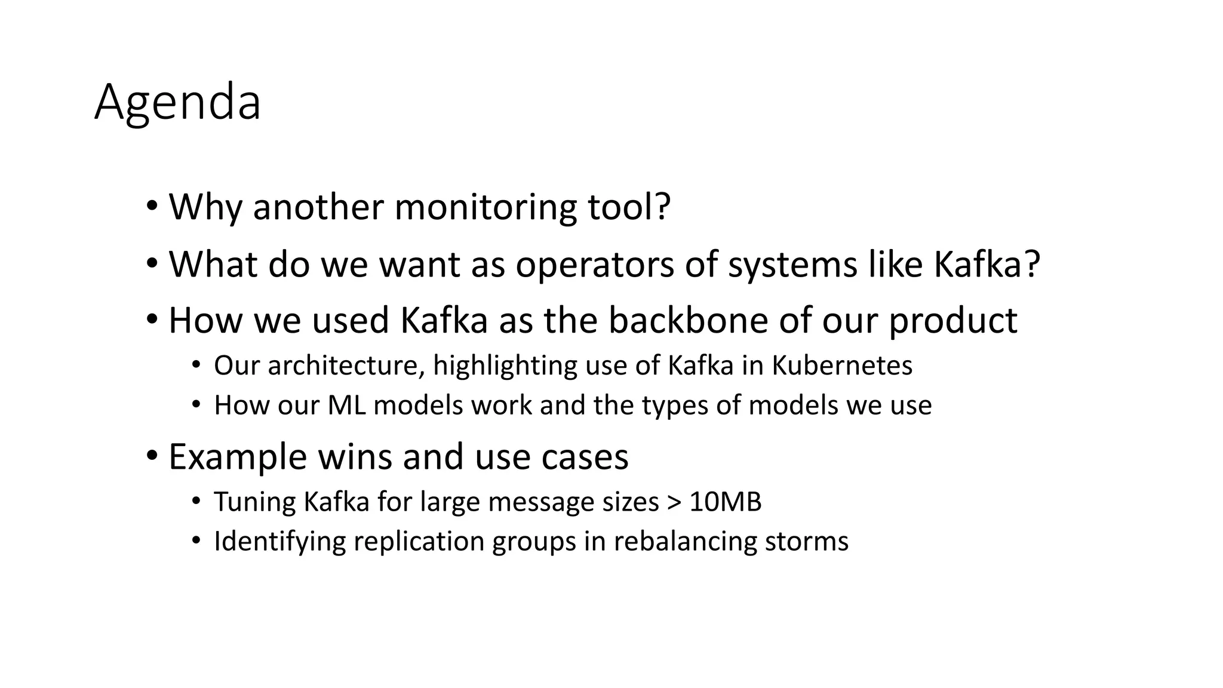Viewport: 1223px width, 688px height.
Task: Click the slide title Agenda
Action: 177,103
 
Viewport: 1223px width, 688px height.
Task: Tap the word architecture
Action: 346,365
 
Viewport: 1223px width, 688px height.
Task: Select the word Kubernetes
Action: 842,365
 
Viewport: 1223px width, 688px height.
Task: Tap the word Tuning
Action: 254,502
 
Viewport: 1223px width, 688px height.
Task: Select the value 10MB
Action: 725,502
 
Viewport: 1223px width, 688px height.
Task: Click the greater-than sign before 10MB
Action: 674,502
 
